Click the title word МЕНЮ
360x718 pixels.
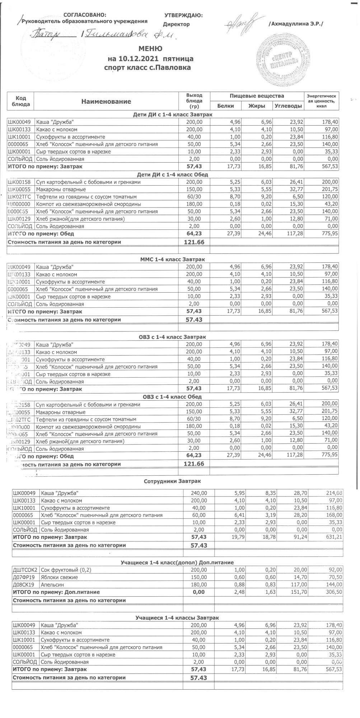click(150, 48)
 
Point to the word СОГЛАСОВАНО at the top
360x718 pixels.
click(85, 15)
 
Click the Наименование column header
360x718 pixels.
click(106, 102)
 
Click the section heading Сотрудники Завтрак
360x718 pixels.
click(172, 481)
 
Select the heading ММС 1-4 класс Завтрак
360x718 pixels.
click(172, 259)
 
